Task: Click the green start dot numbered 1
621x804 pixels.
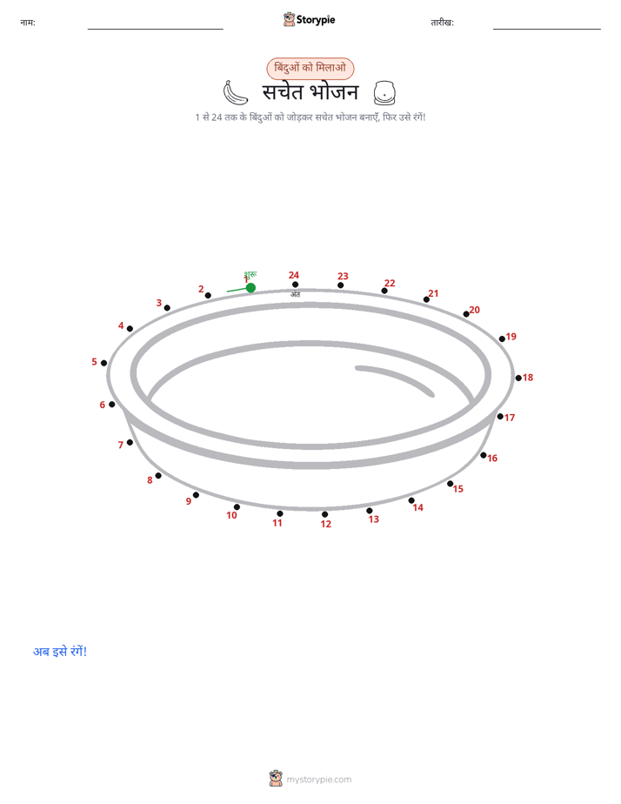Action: point(250,288)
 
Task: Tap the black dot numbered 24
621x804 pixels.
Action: point(295,285)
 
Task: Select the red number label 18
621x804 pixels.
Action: point(528,378)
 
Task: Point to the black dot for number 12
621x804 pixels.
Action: point(324,514)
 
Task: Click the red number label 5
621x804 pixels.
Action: point(94,361)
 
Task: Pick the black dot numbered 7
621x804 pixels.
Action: point(130,442)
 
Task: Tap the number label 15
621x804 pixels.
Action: point(458,489)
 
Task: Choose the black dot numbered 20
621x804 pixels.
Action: point(466,314)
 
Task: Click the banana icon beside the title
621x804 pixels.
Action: point(235,93)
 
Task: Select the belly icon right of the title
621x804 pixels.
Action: point(384,93)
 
